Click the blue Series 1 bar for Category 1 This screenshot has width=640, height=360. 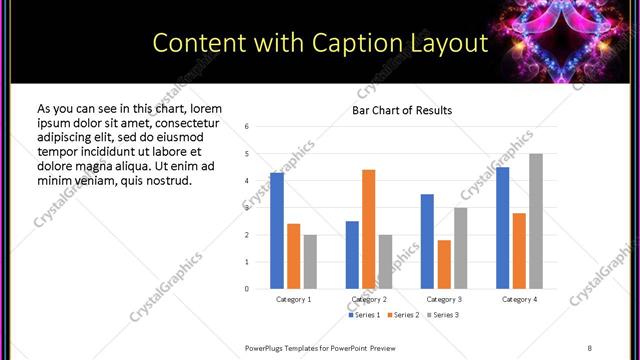point(277,231)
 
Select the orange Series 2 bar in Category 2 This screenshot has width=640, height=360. point(368,229)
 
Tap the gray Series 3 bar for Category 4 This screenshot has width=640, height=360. point(536,221)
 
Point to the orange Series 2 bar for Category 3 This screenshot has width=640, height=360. point(444,264)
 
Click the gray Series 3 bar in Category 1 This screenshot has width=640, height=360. point(310,261)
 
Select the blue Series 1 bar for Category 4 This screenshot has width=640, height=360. point(502,228)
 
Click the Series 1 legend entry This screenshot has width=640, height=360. point(365,315)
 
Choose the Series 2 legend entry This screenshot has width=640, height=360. point(402,315)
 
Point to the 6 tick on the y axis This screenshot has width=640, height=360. point(246,127)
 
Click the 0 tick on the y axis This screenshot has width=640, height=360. point(246,289)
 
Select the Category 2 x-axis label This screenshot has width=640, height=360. point(369,299)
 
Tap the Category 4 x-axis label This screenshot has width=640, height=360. point(519,299)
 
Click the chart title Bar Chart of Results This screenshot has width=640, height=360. point(402,110)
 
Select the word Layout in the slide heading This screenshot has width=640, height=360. point(447,44)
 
